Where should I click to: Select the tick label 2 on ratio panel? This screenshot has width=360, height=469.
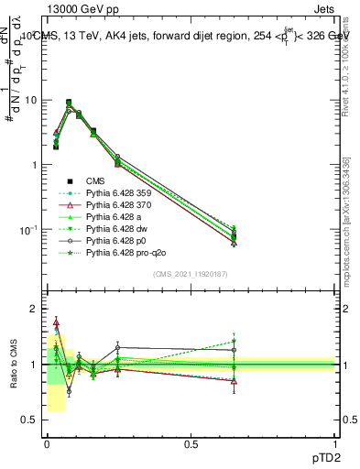(34, 310)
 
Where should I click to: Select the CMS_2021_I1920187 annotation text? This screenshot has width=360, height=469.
(191, 272)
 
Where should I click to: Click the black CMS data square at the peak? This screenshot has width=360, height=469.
(69, 103)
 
